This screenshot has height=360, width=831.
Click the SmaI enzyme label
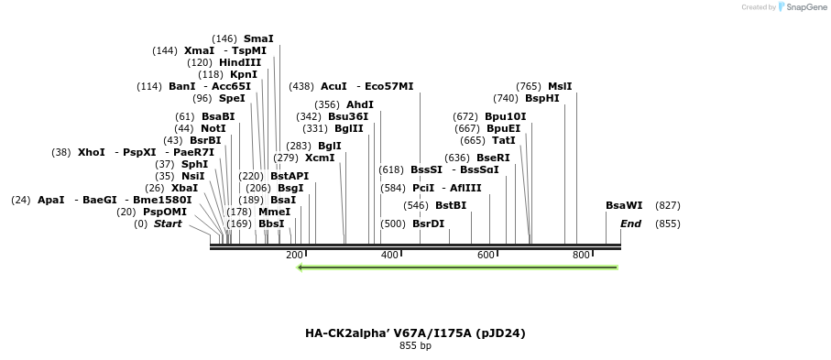pos(258,38)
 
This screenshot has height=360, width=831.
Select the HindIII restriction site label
pos(240,62)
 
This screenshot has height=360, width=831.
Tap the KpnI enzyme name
pos(244,74)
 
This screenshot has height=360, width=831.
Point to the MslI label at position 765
pos(560,86)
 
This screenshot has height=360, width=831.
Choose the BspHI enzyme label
pos(542,98)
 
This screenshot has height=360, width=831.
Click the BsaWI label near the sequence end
pos(624,205)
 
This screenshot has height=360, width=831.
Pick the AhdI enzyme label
pos(360,104)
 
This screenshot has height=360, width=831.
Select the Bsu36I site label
pos(348,116)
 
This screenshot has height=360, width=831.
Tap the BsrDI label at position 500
pos(428,224)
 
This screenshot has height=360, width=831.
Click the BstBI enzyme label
pos(451,205)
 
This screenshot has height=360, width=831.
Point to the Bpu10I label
pos(506,116)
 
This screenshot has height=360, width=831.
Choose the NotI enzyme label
pos(213,128)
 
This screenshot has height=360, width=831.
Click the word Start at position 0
pos(168,224)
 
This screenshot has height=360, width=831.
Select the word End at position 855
pos(630,224)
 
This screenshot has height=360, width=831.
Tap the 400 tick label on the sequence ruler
pos(389,255)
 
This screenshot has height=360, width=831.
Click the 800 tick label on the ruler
pos(581,255)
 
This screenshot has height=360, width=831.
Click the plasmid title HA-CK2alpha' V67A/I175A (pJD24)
pos(415,333)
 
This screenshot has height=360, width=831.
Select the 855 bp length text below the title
pos(415,346)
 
